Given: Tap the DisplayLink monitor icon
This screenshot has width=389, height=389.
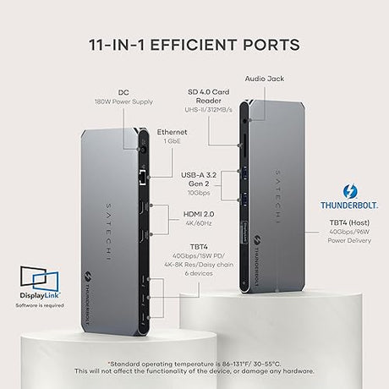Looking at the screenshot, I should [40, 279].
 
